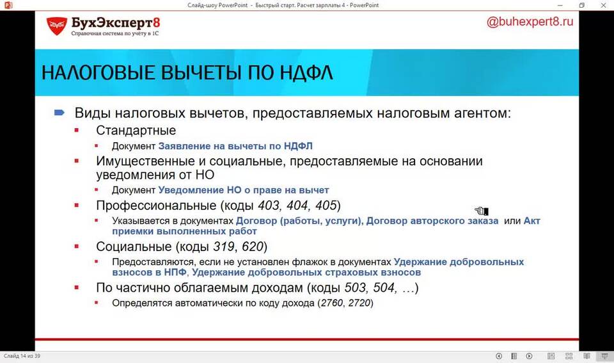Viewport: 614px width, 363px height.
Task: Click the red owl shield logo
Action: point(57,26)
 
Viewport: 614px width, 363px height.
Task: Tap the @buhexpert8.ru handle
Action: point(530,22)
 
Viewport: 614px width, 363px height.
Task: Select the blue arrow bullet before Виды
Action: point(59,113)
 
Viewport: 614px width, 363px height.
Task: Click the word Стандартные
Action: point(136,130)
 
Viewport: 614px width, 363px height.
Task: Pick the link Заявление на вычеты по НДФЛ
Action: point(235,146)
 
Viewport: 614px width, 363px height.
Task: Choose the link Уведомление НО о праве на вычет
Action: point(244,190)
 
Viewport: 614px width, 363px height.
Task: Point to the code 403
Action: point(269,206)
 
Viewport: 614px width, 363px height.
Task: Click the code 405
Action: point(326,206)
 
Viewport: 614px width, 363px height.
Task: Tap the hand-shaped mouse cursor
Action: point(482,211)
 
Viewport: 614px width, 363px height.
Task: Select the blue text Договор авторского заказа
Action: point(432,221)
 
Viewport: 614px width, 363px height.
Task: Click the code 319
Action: point(224,246)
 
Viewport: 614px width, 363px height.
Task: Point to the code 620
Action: point(253,246)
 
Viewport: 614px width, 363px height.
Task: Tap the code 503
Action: point(356,287)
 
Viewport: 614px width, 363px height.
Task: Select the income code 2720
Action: point(359,303)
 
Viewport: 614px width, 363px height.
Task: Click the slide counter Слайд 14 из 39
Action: point(22,356)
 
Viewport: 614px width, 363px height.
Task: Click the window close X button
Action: point(603,5)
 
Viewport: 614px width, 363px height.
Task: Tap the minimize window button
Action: point(560,6)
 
